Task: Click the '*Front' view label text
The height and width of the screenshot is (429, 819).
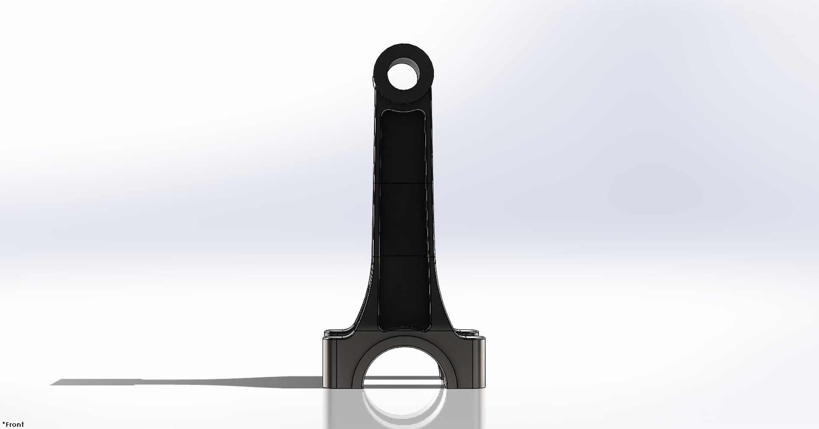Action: point(13,424)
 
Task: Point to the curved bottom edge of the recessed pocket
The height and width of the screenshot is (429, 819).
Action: point(403,331)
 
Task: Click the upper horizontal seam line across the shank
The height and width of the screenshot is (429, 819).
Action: point(403,183)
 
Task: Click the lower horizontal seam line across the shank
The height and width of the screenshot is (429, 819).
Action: point(403,256)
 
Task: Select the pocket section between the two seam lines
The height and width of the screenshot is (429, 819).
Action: point(403,220)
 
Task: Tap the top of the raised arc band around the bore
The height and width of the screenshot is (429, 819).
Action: point(403,344)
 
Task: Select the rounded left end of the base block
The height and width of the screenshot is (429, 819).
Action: point(327,362)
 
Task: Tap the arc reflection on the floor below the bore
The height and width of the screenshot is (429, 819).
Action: point(403,416)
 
